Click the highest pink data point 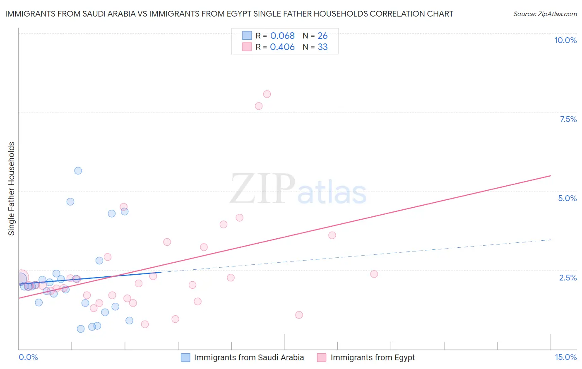click(267, 94)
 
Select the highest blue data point click(78, 171)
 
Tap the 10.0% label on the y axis click(565, 40)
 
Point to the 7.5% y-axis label click(568, 119)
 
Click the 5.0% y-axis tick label click(567, 198)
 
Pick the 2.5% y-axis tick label click(568, 278)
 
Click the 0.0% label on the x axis click(28, 357)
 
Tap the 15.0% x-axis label click(565, 357)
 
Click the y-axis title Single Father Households click(12, 189)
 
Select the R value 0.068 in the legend click(282, 36)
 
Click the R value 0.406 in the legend click(282, 47)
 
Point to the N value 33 click(322, 47)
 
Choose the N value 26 click(322, 36)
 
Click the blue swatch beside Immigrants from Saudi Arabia click(185, 357)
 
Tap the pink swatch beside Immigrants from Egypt click(322, 357)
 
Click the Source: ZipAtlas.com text click(545, 14)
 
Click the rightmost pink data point click(374, 274)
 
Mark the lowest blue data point click(81, 329)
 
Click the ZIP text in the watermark click(262, 189)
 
